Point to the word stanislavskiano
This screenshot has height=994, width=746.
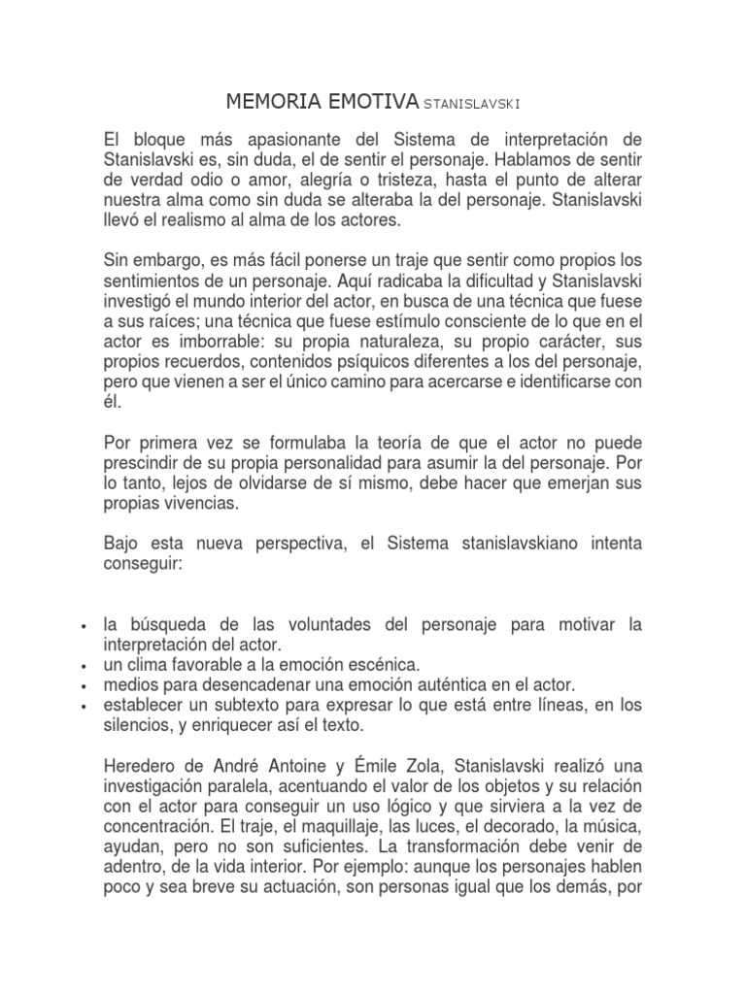point(506,543)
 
